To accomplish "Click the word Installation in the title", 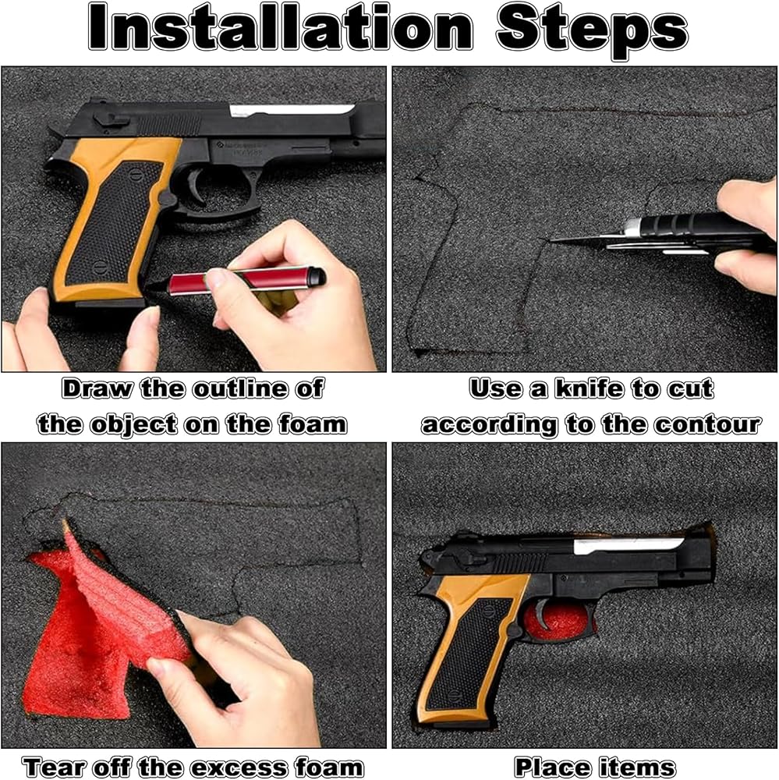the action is click(x=280, y=27).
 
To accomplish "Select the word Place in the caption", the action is click(x=551, y=767).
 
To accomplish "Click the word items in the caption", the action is click(x=637, y=767).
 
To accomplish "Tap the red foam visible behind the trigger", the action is click(x=560, y=620).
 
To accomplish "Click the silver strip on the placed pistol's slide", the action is click(x=627, y=545).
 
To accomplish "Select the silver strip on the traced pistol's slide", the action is click(x=291, y=111).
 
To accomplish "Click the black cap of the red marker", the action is click(x=317, y=275).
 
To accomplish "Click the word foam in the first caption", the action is click(x=313, y=424).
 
